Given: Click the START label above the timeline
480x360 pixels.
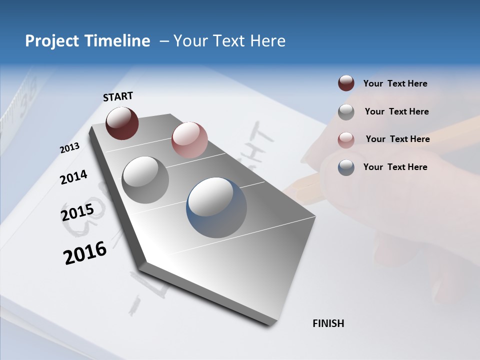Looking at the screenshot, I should [118, 96].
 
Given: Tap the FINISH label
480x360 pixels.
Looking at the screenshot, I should [328, 323].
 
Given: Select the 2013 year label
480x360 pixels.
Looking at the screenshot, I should [69, 148].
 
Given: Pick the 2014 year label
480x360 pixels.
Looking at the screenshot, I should [73, 177].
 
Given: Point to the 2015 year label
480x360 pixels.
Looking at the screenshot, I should [77, 212].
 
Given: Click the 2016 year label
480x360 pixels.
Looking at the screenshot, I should [85, 253].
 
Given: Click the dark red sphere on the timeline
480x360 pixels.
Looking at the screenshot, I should [122, 123].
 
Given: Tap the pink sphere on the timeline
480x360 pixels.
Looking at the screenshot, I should [189, 139].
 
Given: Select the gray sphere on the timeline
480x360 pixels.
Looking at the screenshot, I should [145, 179].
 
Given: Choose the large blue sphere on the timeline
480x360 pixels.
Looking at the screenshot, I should [216, 207].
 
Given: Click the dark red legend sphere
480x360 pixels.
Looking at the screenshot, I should [346, 83].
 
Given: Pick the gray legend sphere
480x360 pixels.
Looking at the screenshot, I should [346, 112].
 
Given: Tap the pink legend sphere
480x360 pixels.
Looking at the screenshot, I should [346, 139].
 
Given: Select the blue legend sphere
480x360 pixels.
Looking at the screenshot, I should [346, 167].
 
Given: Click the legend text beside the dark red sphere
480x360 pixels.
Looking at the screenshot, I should [395, 84].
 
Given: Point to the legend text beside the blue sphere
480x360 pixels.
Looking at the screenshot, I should [395, 167].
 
